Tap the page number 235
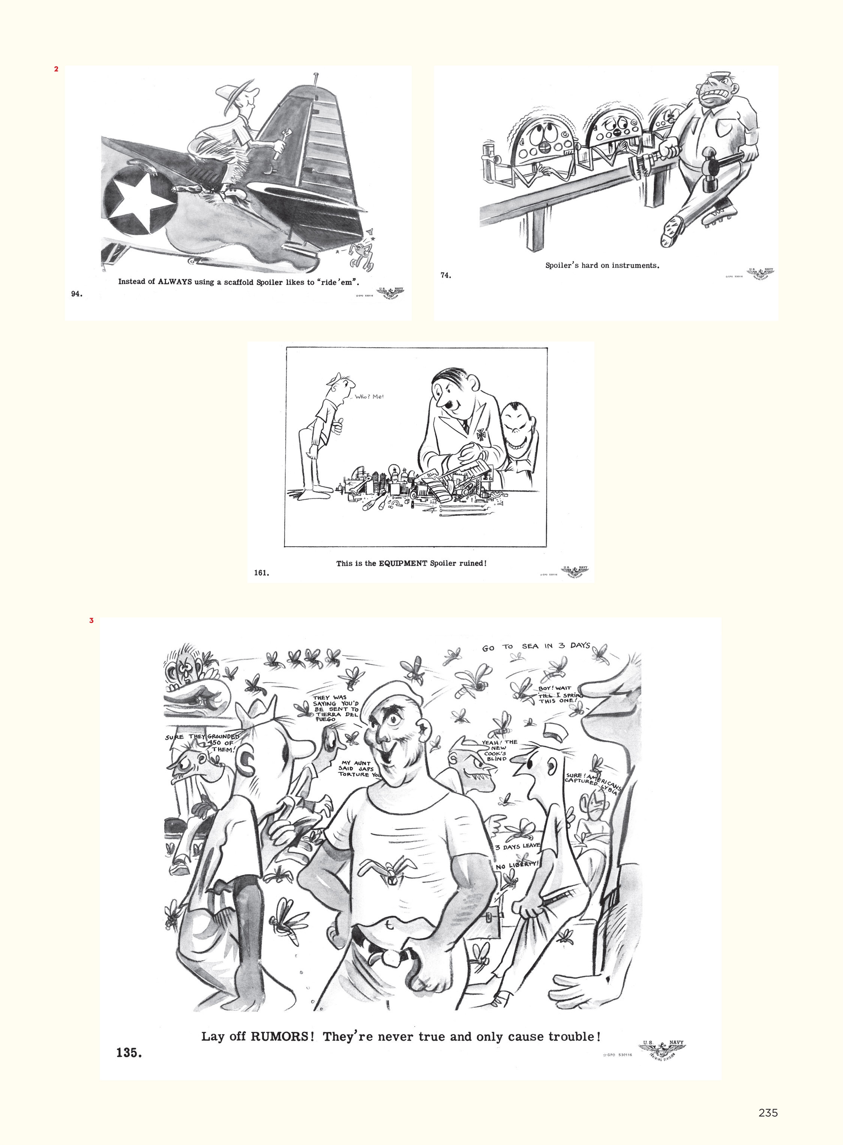pos(768,1113)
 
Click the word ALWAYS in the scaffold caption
pos(175,281)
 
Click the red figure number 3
pos(91,621)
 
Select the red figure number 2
pos(56,69)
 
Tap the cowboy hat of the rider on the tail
pos(234,90)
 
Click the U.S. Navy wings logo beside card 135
pos(662,1051)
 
